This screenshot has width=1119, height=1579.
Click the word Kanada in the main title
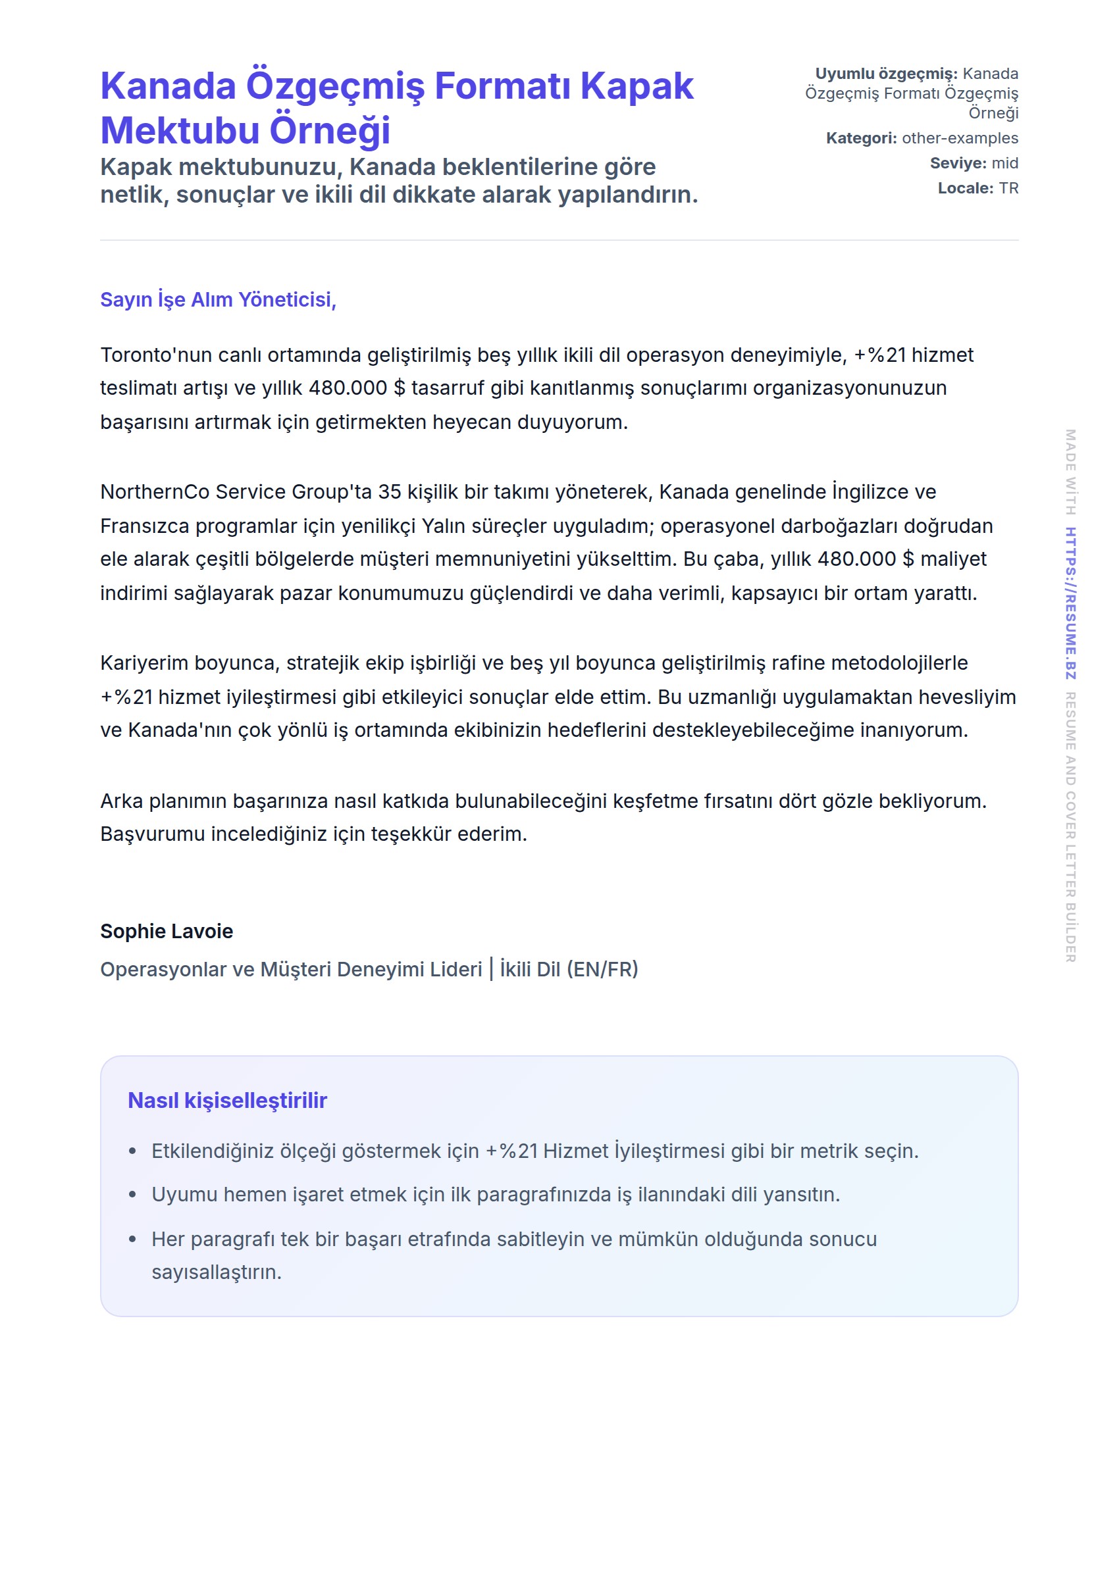coord(168,87)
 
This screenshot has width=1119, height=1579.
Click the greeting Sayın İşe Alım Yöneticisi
coord(218,299)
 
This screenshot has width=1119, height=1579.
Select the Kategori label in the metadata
coord(860,138)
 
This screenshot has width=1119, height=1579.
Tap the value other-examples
coord(959,138)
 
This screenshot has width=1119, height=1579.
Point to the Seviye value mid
coord(1004,163)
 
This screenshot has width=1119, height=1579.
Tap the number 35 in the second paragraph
coord(389,491)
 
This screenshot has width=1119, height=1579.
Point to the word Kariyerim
coord(144,663)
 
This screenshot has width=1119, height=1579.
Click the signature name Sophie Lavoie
coord(167,931)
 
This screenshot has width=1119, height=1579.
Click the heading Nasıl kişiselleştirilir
coord(227,1101)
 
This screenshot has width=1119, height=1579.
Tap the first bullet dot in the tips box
coord(133,1151)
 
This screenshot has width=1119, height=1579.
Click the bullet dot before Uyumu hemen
coord(133,1195)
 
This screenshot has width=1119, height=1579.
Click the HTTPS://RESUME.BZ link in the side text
coord(1070,603)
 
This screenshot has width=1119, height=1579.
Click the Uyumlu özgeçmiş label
coord(885,74)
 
